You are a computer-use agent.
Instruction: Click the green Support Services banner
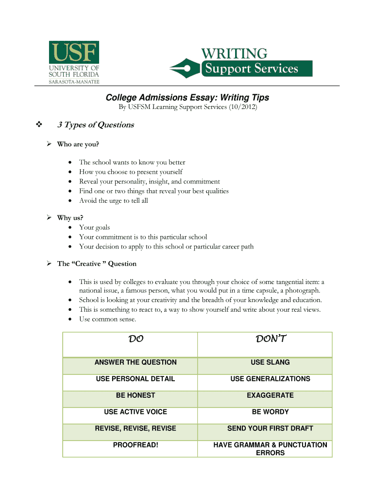(x=256, y=69)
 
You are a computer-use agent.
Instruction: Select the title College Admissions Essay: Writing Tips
(x=187, y=98)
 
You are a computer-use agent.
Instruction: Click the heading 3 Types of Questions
(x=96, y=125)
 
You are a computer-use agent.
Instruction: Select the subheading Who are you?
(x=78, y=144)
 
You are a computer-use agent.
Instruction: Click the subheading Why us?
(x=70, y=218)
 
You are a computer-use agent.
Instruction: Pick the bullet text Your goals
(x=94, y=227)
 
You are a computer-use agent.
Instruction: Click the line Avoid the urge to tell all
(x=113, y=200)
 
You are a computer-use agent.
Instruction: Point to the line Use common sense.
(x=107, y=319)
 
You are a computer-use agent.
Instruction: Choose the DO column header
(x=136, y=339)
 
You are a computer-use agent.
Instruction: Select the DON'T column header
(x=270, y=339)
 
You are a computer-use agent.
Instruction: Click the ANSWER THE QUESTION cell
(x=136, y=362)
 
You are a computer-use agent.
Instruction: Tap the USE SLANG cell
(x=270, y=362)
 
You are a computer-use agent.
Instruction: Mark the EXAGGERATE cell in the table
(x=270, y=395)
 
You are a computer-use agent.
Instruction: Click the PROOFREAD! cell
(x=136, y=445)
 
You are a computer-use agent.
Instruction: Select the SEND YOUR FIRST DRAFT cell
(x=270, y=428)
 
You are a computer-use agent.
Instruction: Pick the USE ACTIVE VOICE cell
(x=136, y=412)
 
